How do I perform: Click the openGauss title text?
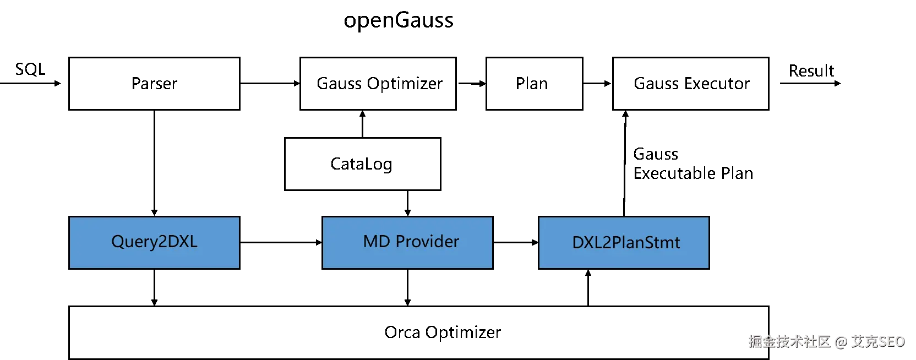tap(399, 20)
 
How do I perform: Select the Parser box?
tap(154, 84)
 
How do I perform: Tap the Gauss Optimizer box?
tap(378, 84)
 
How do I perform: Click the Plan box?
tap(534, 84)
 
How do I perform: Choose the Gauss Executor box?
tap(690, 84)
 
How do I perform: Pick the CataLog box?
tap(362, 164)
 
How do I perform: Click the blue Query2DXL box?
tap(154, 243)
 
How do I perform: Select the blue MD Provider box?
tap(407, 243)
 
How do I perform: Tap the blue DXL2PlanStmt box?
tap(624, 243)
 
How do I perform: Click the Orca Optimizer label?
tap(443, 332)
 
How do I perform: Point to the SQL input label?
tap(30, 69)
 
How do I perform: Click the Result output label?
tap(811, 71)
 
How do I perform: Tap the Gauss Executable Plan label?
tap(693, 163)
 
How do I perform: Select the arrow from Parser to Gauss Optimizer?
tap(270, 84)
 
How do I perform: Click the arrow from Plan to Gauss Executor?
tap(597, 84)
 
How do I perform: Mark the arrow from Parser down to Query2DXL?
tap(154, 163)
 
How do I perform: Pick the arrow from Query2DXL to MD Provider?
tap(281, 243)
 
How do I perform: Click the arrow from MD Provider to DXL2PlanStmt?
tap(516, 243)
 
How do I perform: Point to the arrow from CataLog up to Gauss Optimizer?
tap(362, 124)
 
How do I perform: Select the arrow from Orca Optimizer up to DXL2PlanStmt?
tap(588, 288)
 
